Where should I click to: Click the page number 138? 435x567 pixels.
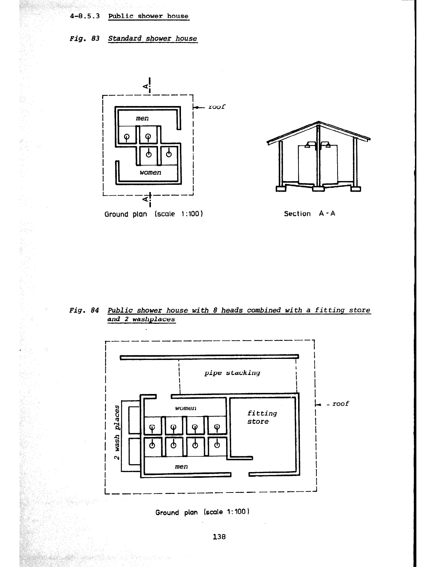pos(219,537)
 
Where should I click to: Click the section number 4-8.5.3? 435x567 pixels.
pos(85,16)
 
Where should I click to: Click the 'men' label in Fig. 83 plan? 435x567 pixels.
pos(142,118)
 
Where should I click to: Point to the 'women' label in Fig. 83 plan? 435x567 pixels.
pos(150,172)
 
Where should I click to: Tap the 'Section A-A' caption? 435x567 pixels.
pos(309,214)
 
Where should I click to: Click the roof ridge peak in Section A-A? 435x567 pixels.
pos(318,122)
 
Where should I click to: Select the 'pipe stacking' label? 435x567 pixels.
pos(232,373)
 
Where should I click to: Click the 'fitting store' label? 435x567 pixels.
pos(262,417)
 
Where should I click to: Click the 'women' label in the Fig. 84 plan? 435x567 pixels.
pos(186,408)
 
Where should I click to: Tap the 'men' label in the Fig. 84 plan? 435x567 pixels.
pos(181,466)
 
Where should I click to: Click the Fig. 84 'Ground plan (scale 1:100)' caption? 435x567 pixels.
pos(202,512)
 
